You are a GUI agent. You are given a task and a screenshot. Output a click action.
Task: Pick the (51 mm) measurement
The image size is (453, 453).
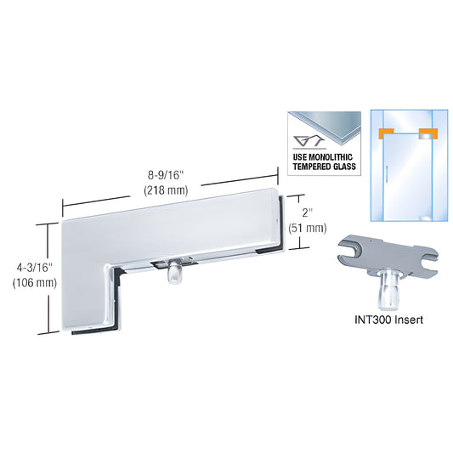(x=309, y=227)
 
